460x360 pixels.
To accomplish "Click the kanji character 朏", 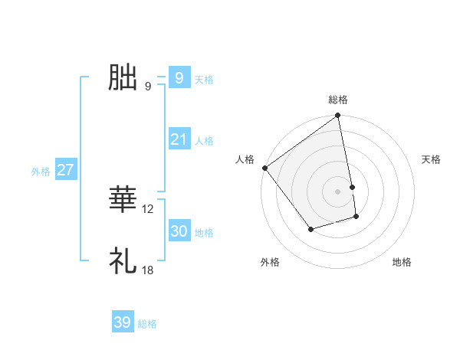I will point(123,77).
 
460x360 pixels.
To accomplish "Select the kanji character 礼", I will point(123,261).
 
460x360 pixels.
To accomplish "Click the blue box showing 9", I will point(179,77).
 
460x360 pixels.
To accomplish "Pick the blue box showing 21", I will point(179,139).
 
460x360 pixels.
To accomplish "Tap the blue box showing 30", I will point(179,231).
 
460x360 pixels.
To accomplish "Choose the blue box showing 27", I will point(65,170).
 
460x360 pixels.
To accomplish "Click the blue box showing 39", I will point(122,322).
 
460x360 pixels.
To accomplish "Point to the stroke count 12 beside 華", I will point(148,209).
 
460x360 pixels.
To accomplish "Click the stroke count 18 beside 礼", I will point(148,270).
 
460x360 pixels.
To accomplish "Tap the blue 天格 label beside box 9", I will point(204,80).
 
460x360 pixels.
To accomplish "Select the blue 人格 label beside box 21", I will point(204,141).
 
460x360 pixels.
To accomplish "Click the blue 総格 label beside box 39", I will point(147,325).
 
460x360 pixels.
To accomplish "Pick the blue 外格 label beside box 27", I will point(41,172).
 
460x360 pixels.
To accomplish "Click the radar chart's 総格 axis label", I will point(338,100).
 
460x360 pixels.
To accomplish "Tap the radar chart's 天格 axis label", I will point(432,159).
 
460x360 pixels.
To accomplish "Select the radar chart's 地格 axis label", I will point(402,262).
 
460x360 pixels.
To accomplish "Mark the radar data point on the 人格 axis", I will point(265,168).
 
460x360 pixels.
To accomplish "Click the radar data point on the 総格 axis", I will point(338,116).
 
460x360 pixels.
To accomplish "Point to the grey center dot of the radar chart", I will point(338,191).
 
